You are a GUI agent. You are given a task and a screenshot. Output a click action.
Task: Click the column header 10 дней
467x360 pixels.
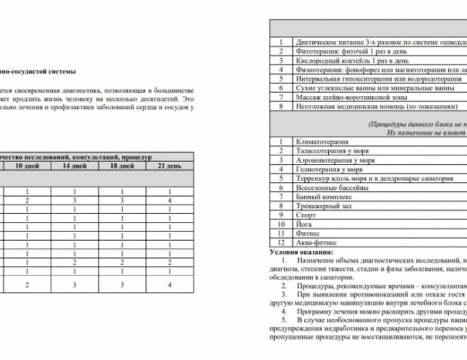click(27, 165)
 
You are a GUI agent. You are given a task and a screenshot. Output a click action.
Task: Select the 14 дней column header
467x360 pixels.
click(74, 165)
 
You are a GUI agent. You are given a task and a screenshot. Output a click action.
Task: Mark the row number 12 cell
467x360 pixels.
click(282, 243)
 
